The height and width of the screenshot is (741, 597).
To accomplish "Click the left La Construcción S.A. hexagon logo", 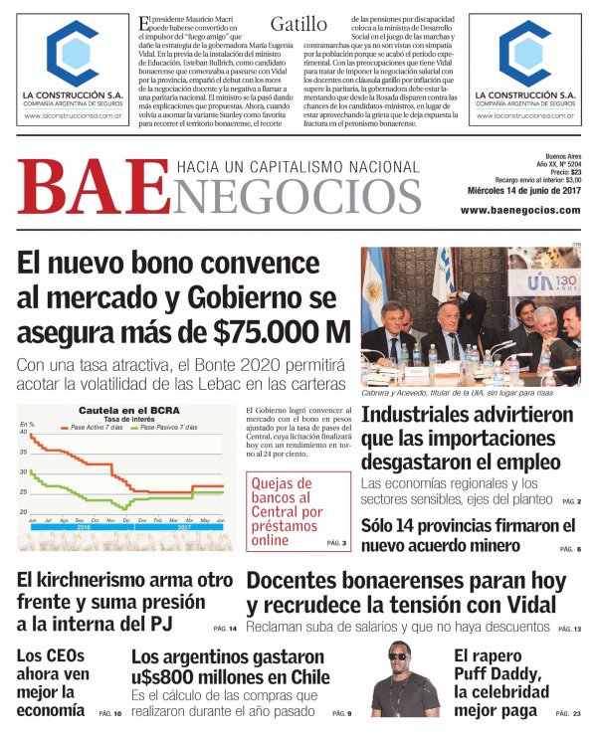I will pos(73,53).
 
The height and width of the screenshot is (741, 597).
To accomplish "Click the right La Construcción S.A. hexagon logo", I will pos(524,53).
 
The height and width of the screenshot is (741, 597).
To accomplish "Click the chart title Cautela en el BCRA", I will pos(124,410).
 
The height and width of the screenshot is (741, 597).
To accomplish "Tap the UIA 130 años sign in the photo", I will pos(553,286).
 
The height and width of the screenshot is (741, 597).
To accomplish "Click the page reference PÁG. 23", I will pos(569,714).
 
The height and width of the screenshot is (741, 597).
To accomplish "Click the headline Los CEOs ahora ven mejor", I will pos(52,682).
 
